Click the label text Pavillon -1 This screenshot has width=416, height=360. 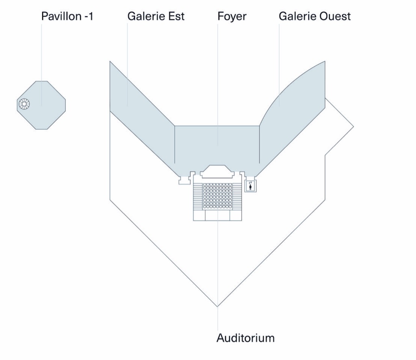[67, 17]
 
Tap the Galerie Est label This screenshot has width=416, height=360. [156, 17]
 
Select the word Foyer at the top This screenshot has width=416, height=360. [232, 17]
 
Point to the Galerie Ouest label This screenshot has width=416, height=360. [314, 17]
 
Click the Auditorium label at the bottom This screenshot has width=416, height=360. [245, 338]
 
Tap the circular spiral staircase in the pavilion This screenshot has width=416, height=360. [24, 105]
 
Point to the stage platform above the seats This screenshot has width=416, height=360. [217, 172]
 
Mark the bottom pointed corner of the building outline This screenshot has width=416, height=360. [218, 306]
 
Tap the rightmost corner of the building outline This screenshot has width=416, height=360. [353, 126]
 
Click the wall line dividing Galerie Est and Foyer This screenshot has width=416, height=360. [175, 144]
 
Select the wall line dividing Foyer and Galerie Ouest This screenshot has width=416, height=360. [260, 144]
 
